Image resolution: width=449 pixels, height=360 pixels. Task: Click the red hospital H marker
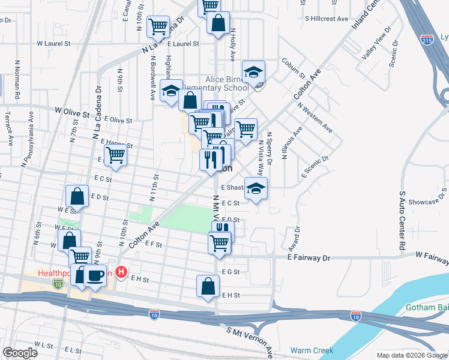pyautogui.click(x=121, y=272)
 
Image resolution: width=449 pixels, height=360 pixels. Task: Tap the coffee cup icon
pyautogui.click(x=95, y=275)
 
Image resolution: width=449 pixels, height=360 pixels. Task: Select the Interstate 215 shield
pyautogui.click(x=427, y=40)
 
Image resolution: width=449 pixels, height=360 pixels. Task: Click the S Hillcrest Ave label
pyautogui.click(x=326, y=19)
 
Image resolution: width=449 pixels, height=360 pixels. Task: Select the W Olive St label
pyautogui.click(x=72, y=112)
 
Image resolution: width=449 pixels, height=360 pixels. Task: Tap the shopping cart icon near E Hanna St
pyautogui.click(x=116, y=155)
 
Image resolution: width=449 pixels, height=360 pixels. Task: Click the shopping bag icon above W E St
pyautogui.click(x=77, y=195)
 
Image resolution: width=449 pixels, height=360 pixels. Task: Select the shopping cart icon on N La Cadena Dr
pyautogui.click(x=158, y=26)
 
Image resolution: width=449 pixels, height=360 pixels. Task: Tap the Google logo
pyautogui.click(x=20, y=353)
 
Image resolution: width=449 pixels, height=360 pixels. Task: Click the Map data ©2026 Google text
pyautogui.click(x=412, y=355)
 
